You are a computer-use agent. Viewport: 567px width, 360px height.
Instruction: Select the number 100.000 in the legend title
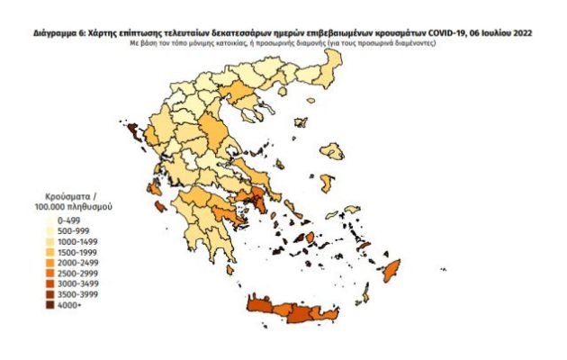coord(52,206)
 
